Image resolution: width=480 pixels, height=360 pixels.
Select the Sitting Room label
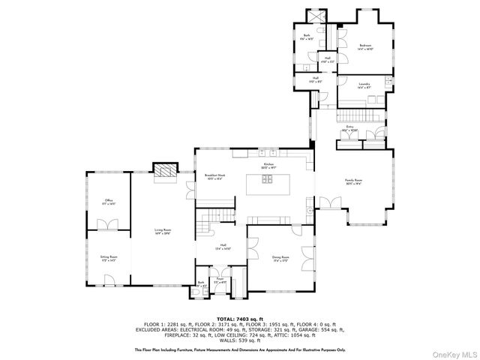[x=109, y=257]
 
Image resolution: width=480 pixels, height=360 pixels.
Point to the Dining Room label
[x=281, y=258]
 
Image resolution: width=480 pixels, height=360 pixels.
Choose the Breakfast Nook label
[x=215, y=177]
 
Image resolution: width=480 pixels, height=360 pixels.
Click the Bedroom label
[x=365, y=46]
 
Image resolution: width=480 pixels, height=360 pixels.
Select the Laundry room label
[x=364, y=85]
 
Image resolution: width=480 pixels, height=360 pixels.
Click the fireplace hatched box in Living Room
[x=163, y=171]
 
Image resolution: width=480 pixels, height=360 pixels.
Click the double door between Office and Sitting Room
[x=109, y=223]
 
